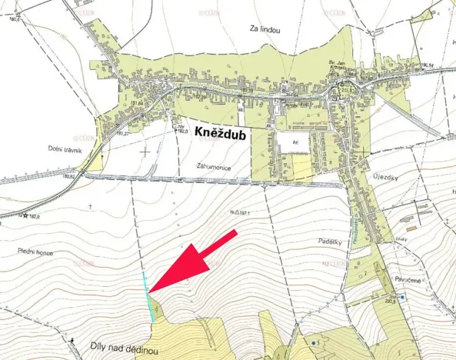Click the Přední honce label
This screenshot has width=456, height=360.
pos(36,252)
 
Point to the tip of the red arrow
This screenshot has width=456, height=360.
pos(149,292)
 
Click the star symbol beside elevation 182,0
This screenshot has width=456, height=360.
pos(25,216)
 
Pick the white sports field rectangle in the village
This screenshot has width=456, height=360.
pos(291,142)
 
